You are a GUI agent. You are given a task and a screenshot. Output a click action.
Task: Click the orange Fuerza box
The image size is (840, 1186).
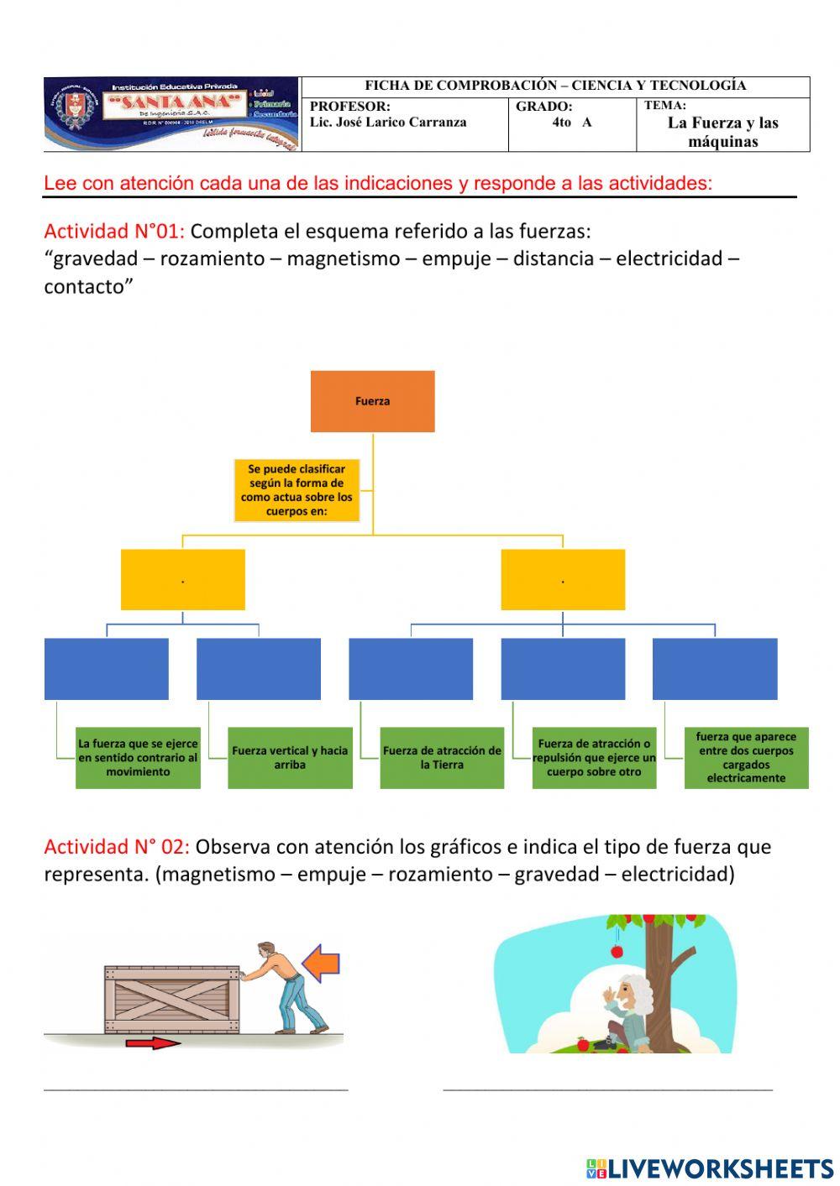pos(372,401)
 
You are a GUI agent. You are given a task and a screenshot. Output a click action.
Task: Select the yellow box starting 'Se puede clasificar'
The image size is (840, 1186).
pos(297,489)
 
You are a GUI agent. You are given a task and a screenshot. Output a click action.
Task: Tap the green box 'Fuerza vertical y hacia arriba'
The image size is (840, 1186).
pos(290,757)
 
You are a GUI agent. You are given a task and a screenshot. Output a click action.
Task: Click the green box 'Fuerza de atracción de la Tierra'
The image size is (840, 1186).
pos(442,757)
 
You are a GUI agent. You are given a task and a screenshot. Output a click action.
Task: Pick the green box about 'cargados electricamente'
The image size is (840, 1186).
pos(746,757)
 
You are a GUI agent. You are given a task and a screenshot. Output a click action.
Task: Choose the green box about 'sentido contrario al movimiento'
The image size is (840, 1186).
pos(138,757)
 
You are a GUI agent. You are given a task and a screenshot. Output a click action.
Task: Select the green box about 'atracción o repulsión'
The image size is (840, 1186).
pos(594,757)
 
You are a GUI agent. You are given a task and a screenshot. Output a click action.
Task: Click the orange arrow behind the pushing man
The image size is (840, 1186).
pos(321,963)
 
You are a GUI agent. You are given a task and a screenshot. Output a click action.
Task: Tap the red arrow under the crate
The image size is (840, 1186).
pos(152,1043)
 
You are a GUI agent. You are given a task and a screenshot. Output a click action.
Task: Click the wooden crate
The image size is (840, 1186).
pos(172,999)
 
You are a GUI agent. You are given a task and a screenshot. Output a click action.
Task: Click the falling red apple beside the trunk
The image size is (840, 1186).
pos(616,951)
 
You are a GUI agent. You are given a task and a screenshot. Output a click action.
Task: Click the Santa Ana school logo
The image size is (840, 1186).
pos(172,114)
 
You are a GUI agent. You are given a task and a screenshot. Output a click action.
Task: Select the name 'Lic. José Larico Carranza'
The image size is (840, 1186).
pos(388,123)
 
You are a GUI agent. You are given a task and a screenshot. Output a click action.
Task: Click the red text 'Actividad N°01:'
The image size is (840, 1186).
pos(114,231)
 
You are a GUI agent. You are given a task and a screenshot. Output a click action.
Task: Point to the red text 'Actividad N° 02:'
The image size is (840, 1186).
pos(117,846)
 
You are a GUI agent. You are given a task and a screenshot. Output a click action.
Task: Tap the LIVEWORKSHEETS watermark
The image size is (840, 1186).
pos(709,1168)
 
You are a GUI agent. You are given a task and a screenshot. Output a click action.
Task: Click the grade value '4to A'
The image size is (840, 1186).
pos(571,123)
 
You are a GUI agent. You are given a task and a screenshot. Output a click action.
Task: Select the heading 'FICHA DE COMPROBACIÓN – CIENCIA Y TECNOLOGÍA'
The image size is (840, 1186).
pos(555,86)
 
